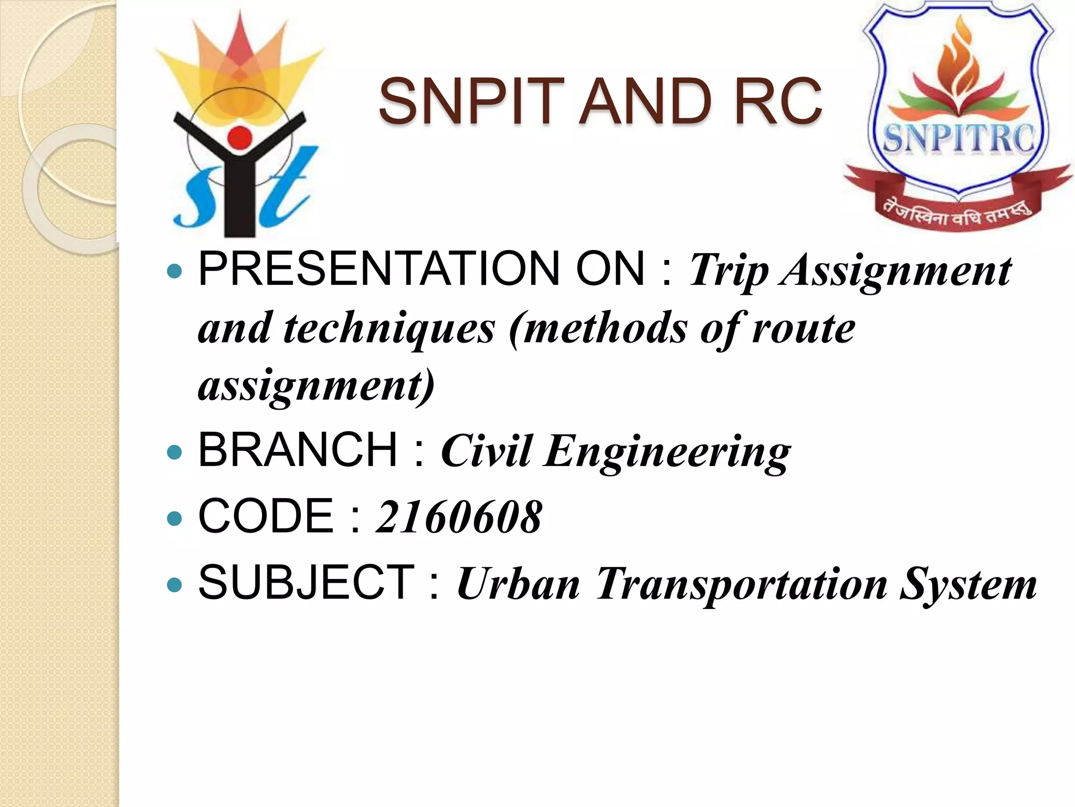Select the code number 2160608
tap(459, 517)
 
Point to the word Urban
tap(519, 584)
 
